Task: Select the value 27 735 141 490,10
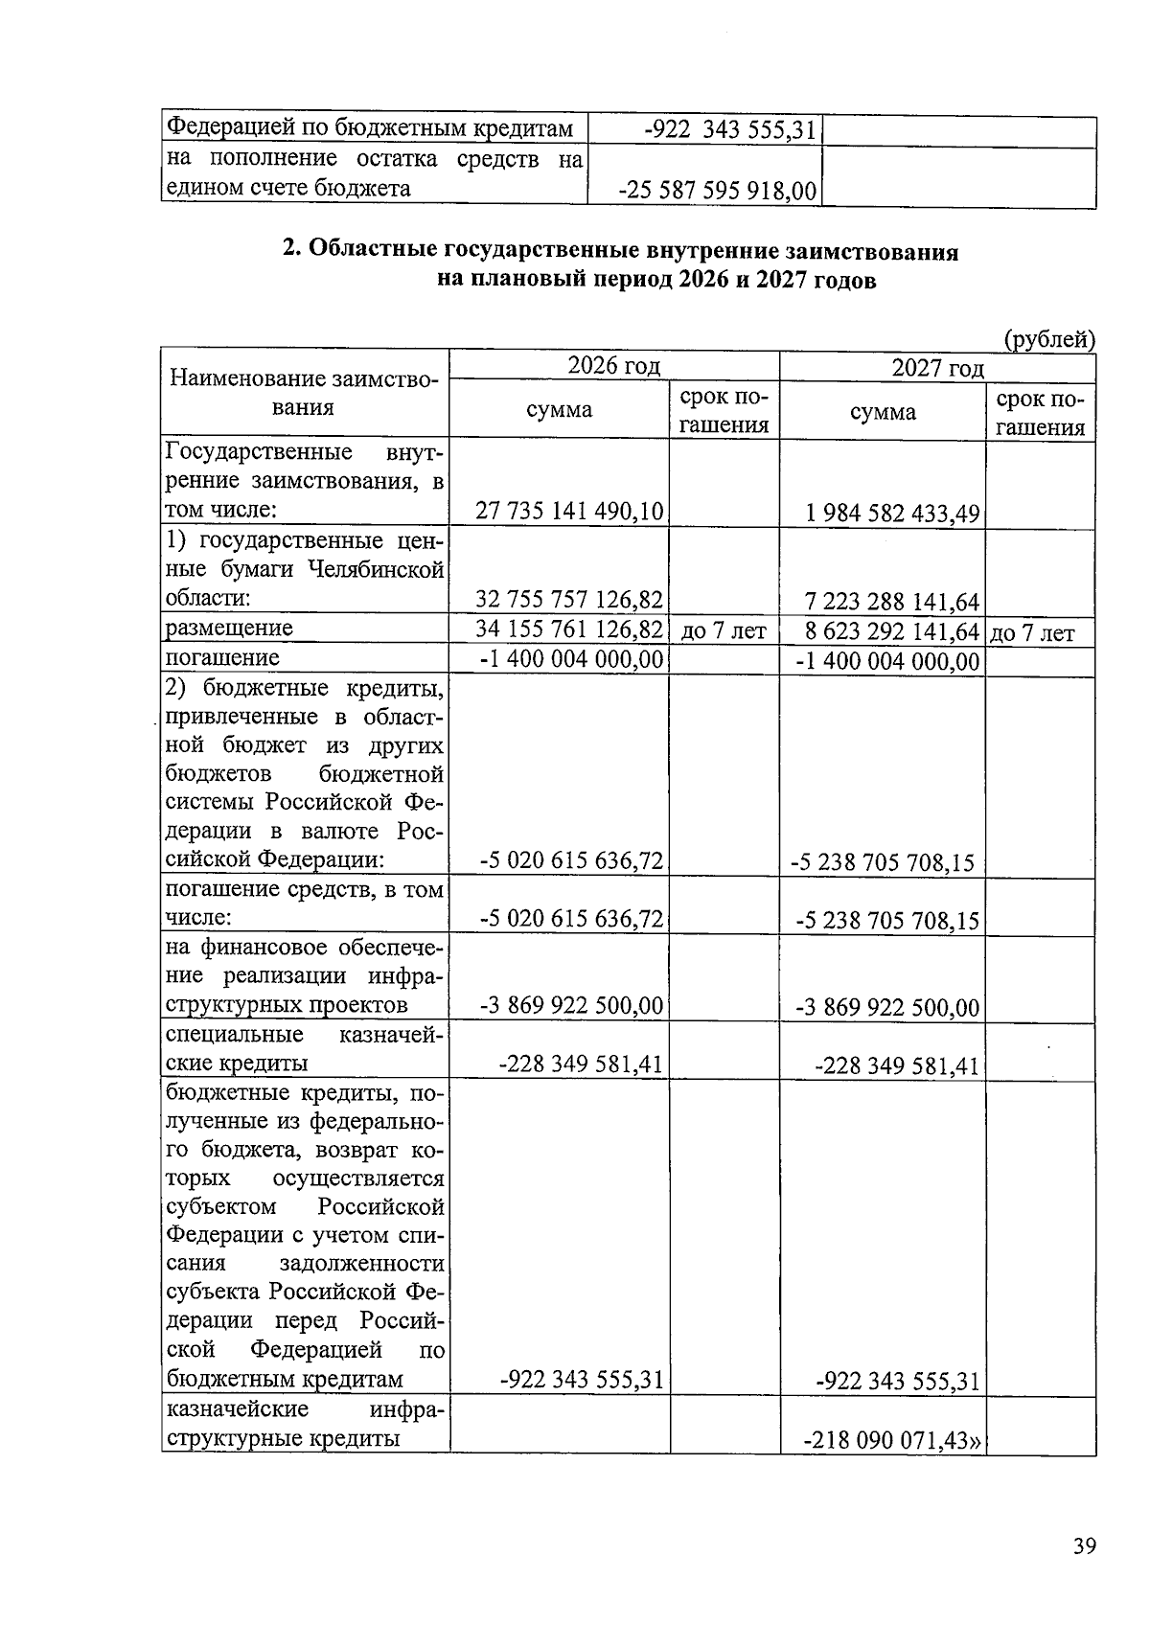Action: coord(569,511)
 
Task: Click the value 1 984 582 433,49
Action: coord(892,514)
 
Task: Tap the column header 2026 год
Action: coord(613,366)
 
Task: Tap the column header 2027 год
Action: coord(937,369)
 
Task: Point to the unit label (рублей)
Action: coord(1048,338)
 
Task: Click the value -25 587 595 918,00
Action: coord(718,191)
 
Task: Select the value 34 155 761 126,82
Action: coord(569,629)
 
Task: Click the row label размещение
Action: coord(229,629)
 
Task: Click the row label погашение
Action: coord(222,658)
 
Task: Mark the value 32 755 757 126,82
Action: coord(569,600)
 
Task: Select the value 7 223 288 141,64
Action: coord(892,603)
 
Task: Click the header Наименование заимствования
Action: coord(304,393)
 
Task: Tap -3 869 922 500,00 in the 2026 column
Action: coord(571,1005)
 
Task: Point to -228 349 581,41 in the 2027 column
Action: coord(896,1066)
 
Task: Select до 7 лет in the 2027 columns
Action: coord(1032,633)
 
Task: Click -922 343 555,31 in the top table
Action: coord(729,130)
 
